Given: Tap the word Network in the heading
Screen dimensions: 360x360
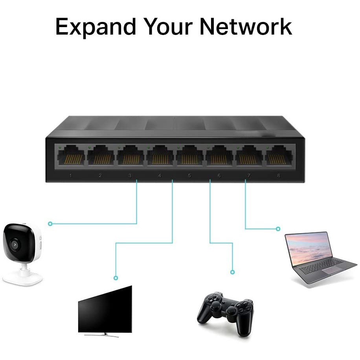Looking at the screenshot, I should tap(246, 27).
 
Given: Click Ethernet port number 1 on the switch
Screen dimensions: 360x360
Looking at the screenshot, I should tap(71, 155).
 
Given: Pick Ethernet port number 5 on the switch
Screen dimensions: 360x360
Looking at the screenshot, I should tap(189, 155).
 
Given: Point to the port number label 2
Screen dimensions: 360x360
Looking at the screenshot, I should tap(100, 175).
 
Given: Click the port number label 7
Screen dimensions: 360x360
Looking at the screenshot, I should tap(249, 175).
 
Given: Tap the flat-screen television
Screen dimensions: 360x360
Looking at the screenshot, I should tap(105, 309).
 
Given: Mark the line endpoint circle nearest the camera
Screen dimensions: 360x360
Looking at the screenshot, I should tap(50, 224).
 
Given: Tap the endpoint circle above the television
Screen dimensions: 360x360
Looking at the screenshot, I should tap(116, 278).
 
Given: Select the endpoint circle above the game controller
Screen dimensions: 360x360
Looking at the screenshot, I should tap(232, 272).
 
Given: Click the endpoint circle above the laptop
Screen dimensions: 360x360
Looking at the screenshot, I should tap(278, 229).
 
